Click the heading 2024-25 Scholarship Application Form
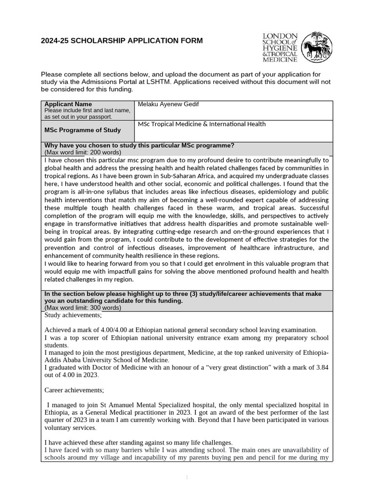tap(122, 41)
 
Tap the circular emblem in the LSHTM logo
tap(317, 48)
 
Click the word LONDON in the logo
tap(280, 36)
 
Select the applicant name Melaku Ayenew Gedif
tap(168, 104)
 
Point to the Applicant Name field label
tap(68, 104)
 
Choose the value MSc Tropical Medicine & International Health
tap(202, 124)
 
